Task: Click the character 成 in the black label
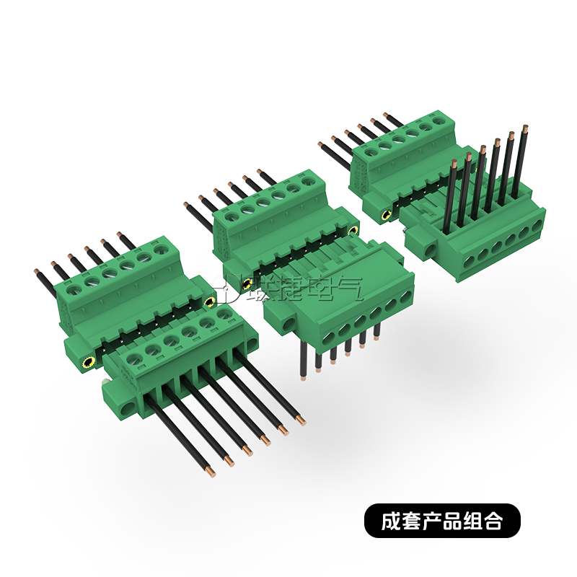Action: (390, 521)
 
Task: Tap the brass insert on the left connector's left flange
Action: (88, 364)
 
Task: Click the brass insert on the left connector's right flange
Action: (210, 302)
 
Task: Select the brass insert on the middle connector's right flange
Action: (353, 231)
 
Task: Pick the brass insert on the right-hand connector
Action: (387, 215)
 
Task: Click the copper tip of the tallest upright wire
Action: (525, 128)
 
